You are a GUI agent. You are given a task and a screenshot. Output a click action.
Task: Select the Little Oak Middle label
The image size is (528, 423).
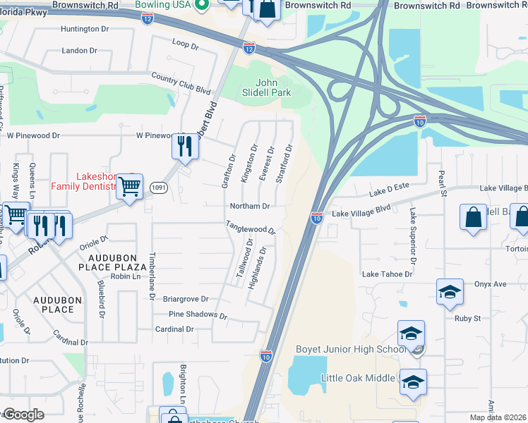click(x=357, y=378)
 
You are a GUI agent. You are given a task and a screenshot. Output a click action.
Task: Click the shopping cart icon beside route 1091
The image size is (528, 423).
click(x=130, y=188)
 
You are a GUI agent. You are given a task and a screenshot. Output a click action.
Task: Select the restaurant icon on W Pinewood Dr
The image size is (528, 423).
click(x=185, y=147)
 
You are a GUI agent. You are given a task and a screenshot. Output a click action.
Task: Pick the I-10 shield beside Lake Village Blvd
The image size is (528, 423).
click(x=316, y=219)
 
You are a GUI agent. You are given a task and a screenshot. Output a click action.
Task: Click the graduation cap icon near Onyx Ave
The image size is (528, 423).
click(x=450, y=293)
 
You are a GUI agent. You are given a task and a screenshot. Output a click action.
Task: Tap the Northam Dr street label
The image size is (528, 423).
click(x=250, y=207)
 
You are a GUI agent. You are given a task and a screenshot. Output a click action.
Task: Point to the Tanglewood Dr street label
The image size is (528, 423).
click(x=250, y=229)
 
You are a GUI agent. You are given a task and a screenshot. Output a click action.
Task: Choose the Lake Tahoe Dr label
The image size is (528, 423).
click(x=387, y=274)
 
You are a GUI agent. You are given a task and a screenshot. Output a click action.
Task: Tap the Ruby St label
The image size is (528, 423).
click(x=467, y=318)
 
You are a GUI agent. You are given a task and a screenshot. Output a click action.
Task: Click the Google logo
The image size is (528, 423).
click(x=23, y=415)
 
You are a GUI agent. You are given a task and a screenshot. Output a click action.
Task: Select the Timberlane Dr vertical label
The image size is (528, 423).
click(x=151, y=278)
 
